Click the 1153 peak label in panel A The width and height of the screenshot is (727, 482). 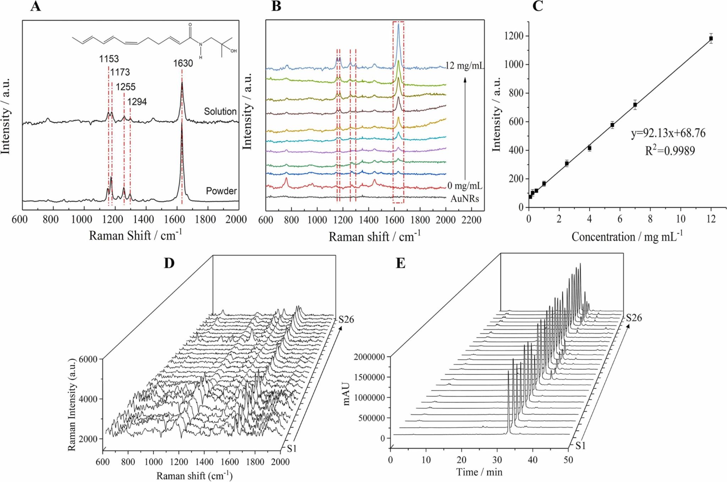tap(109, 59)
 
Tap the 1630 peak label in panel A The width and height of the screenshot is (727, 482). tap(183, 64)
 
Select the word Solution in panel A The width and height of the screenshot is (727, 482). tap(220, 112)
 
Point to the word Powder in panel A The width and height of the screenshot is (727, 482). tap(221, 191)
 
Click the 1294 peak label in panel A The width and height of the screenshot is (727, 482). tap(137, 102)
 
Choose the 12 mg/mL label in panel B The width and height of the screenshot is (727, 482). tap(465, 66)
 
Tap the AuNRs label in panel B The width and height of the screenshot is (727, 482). tap(465, 199)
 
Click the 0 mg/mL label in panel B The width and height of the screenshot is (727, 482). tap(465, 186)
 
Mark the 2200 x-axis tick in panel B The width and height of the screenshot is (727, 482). tap(471, 220)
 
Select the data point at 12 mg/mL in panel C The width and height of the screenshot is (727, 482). tap(711, 38)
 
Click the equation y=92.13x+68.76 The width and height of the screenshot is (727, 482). tap(668, 133)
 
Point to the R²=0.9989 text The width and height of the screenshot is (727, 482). tap(670, 151)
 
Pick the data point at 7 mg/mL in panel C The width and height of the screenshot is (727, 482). tap(635, 105)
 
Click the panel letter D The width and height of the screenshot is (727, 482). tap(169, 263)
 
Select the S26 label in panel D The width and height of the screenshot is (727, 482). tap(346, 320)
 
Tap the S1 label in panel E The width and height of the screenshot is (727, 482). tap(580, 446)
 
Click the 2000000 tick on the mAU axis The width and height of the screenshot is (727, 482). tap(369, 357)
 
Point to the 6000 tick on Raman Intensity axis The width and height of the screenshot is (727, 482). tap(88, 359)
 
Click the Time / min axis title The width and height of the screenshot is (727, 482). tap(479, 472)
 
